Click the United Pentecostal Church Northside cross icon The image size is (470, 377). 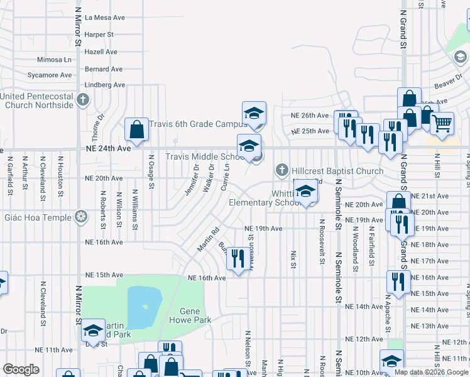83,99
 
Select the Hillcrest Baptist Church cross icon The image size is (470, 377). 282,170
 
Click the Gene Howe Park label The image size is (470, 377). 190,315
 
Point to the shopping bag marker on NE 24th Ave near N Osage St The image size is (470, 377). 136,130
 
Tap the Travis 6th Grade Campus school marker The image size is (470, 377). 254,113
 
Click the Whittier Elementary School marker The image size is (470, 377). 305,192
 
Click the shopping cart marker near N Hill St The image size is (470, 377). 442,124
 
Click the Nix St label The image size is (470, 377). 293,259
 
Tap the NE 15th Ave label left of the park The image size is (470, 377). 104,275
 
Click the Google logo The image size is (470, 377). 21,369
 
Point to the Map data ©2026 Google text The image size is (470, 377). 431,372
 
